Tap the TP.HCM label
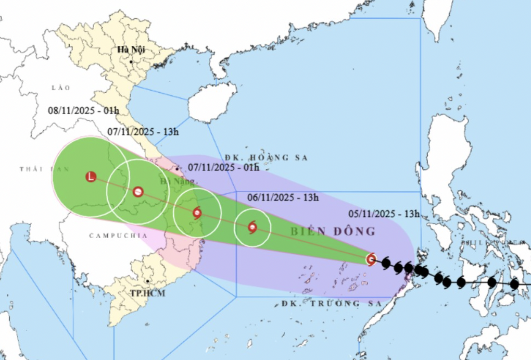(x=148, y=293)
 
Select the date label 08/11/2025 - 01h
(x=83, y=110)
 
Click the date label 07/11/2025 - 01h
(x=223, y=167)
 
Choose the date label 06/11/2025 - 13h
(x=283, y=197)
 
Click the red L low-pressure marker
(x=91, y=177)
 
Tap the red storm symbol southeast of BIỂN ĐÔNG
(x=371, y=259)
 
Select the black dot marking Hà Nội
(x=131, y=62)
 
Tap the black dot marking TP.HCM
(x=148, y=282)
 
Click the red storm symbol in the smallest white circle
(x=252, y=227)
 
